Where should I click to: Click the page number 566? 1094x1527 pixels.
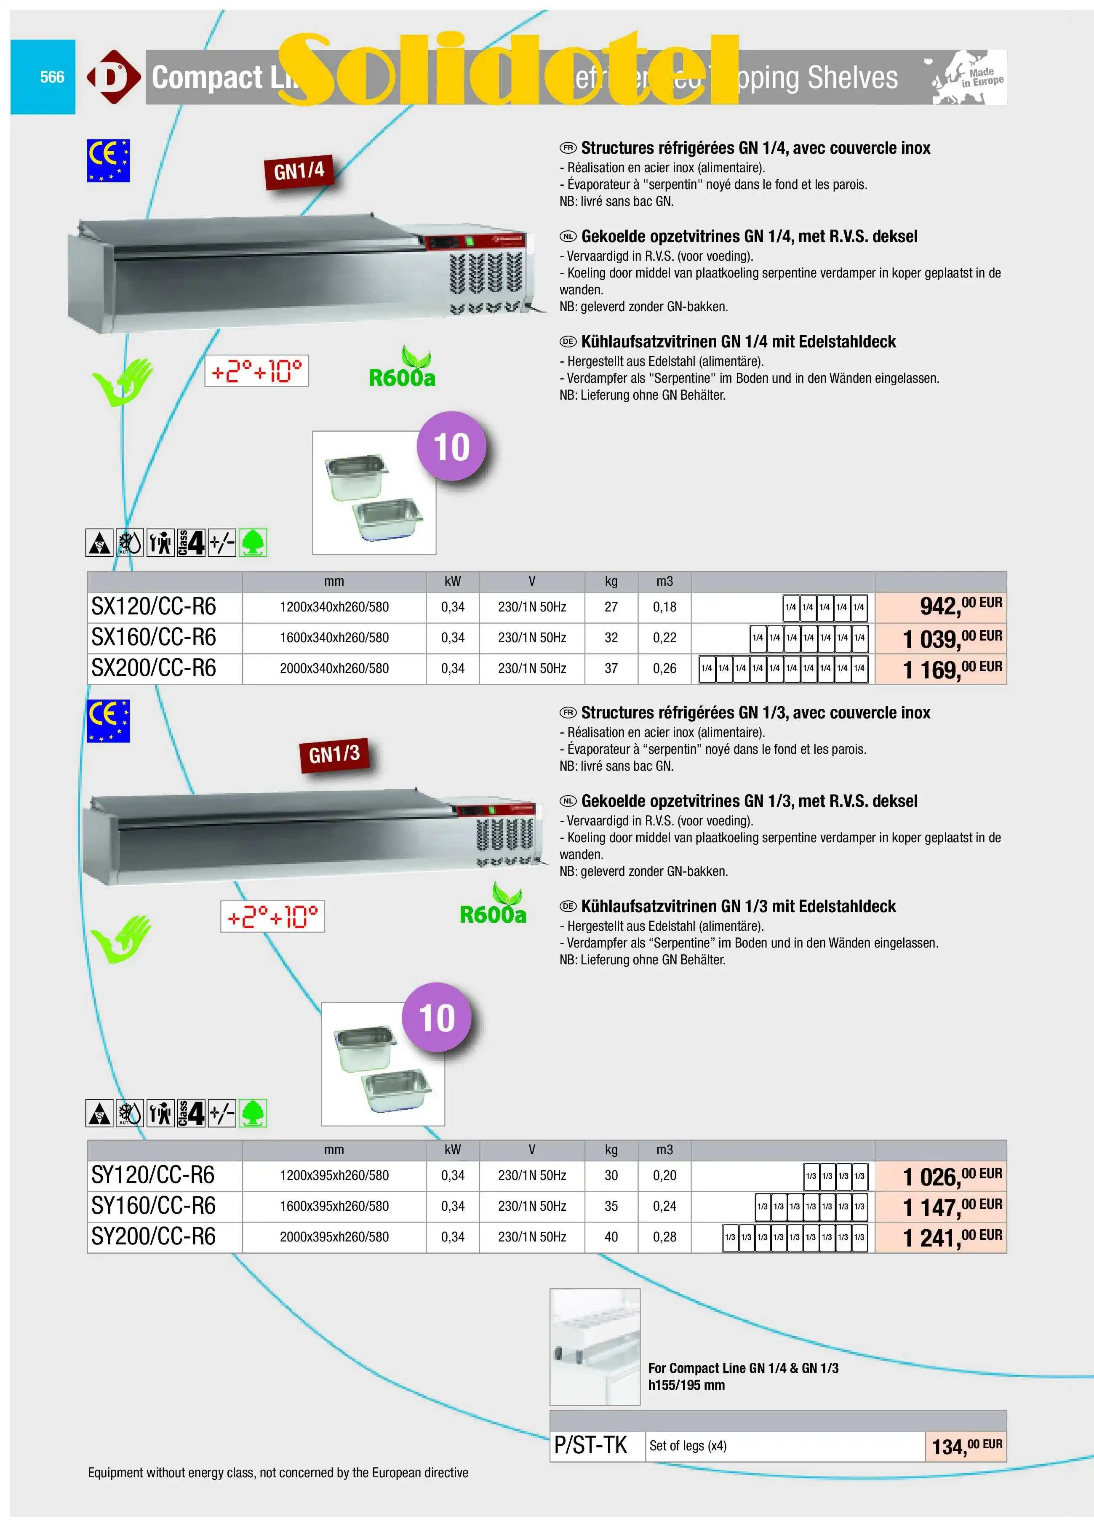[x=52, y=77]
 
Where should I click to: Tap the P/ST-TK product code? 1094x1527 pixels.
[x=590, y=1445]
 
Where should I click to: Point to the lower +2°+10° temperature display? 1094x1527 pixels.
[x=273, y=916]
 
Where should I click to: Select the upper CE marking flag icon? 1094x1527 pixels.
[x=108, y=160]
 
